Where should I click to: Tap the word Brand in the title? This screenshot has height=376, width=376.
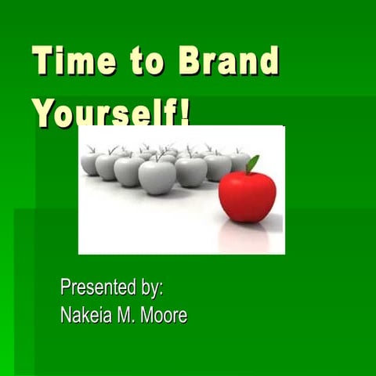tap(229, 60)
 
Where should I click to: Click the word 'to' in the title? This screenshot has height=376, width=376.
tap(146, 61)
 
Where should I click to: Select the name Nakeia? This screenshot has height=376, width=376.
tap(87, 316)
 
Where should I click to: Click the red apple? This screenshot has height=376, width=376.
tap(247, 195)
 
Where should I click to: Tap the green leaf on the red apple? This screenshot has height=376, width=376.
tap(251, 164)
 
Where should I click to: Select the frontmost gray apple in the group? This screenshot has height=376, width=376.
tap(157, 176)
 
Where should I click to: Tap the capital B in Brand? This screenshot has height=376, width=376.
tap(190, 60)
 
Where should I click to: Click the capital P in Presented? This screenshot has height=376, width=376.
tap(65, 287)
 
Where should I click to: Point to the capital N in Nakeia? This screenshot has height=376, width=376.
tap(66, 316)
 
